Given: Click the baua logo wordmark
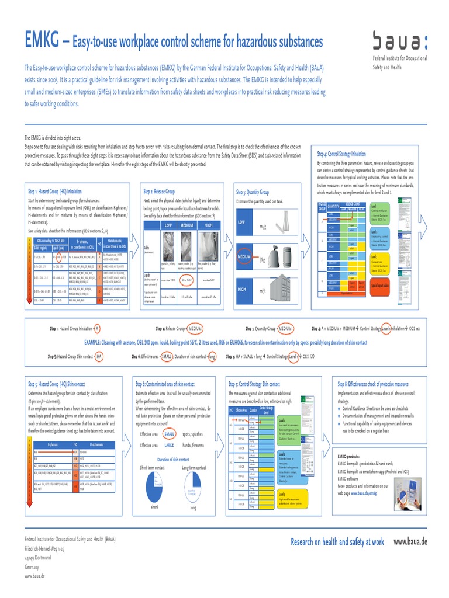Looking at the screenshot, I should [x=400, y=41].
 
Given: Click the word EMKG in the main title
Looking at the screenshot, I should [x=42, y=41].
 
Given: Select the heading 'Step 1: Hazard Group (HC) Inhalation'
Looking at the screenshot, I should [x=55, y=191].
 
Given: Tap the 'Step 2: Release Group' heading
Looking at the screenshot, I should [x=158, y=191].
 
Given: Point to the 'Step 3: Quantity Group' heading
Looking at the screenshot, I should [x=252, y=192].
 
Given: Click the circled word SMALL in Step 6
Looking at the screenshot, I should [x=170, y=434].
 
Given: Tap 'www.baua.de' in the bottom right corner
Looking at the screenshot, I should [x=410, y=541].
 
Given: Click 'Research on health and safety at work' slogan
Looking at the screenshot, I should [x=337, y=542].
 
